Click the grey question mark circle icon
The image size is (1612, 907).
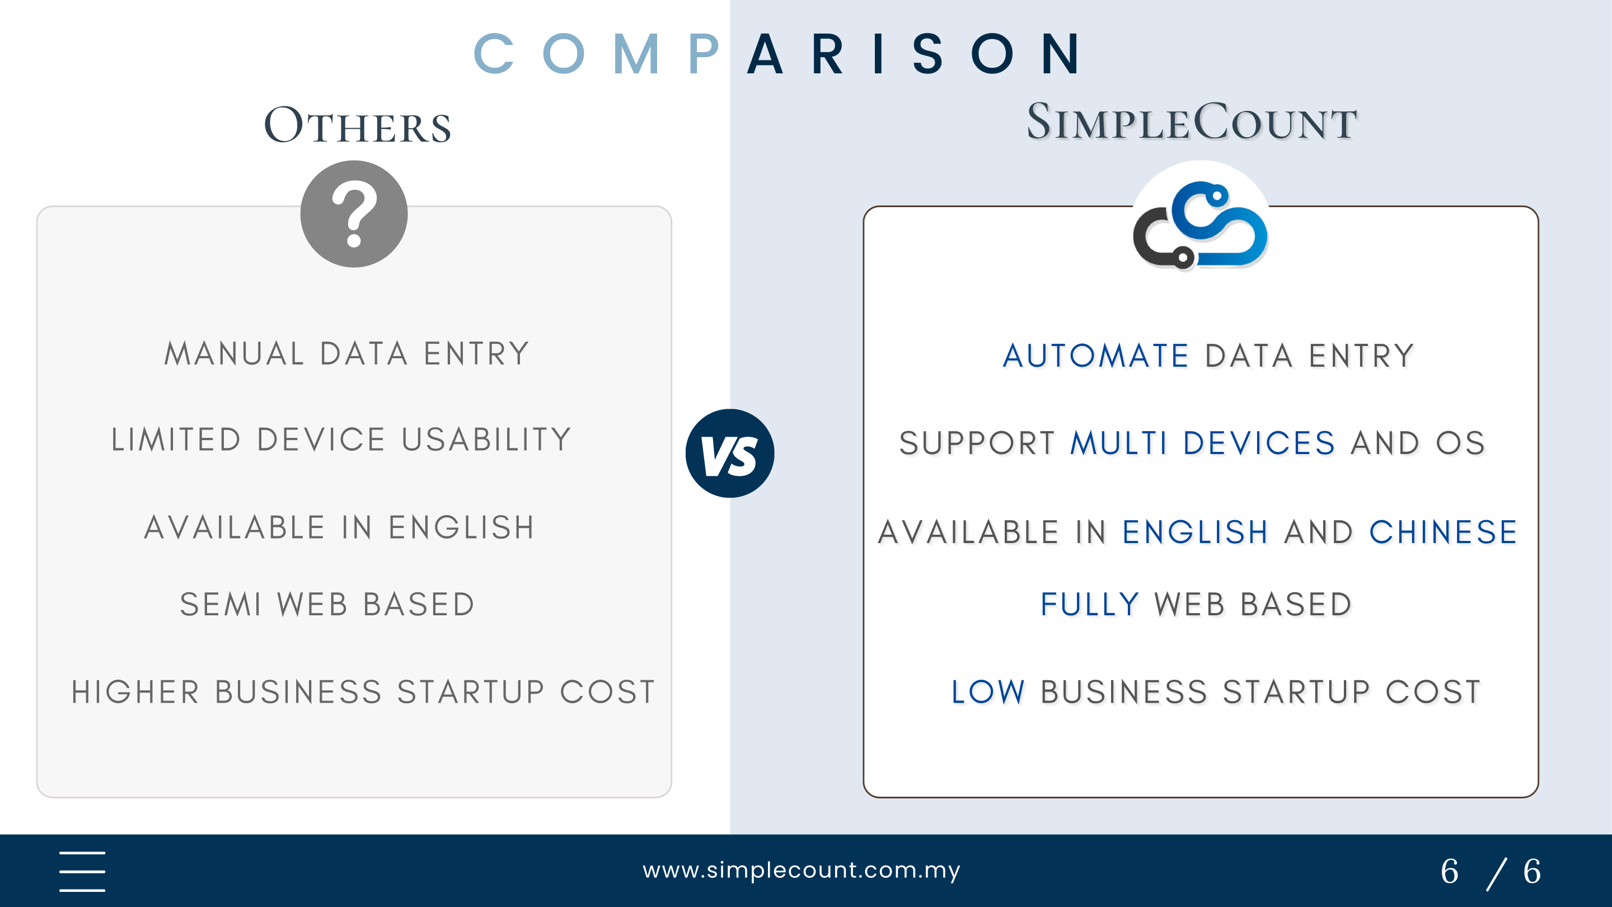coord(354,214)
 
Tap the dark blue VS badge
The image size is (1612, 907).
coord(730,453)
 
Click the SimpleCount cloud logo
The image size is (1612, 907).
coord(1200,225)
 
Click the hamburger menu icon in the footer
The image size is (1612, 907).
coord(82,871)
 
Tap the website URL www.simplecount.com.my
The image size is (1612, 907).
coord(801,870)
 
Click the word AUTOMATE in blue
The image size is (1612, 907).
coord(1096,356)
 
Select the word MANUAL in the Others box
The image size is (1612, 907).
coord(234,354)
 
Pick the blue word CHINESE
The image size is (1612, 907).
coord(1443,532)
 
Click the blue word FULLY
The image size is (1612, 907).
coord(1089,605)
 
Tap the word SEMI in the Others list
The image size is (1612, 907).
coord(221,605)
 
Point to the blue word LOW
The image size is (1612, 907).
coord(988,693)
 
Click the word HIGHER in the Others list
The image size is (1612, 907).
coord(135,693)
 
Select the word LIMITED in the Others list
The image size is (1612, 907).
coord(176,440)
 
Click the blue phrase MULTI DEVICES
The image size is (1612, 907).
coord(1203,443)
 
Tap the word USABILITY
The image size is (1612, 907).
coord(487,440)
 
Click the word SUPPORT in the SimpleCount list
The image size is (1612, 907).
coord(977,443)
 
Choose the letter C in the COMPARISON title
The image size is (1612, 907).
coord(494,54)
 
